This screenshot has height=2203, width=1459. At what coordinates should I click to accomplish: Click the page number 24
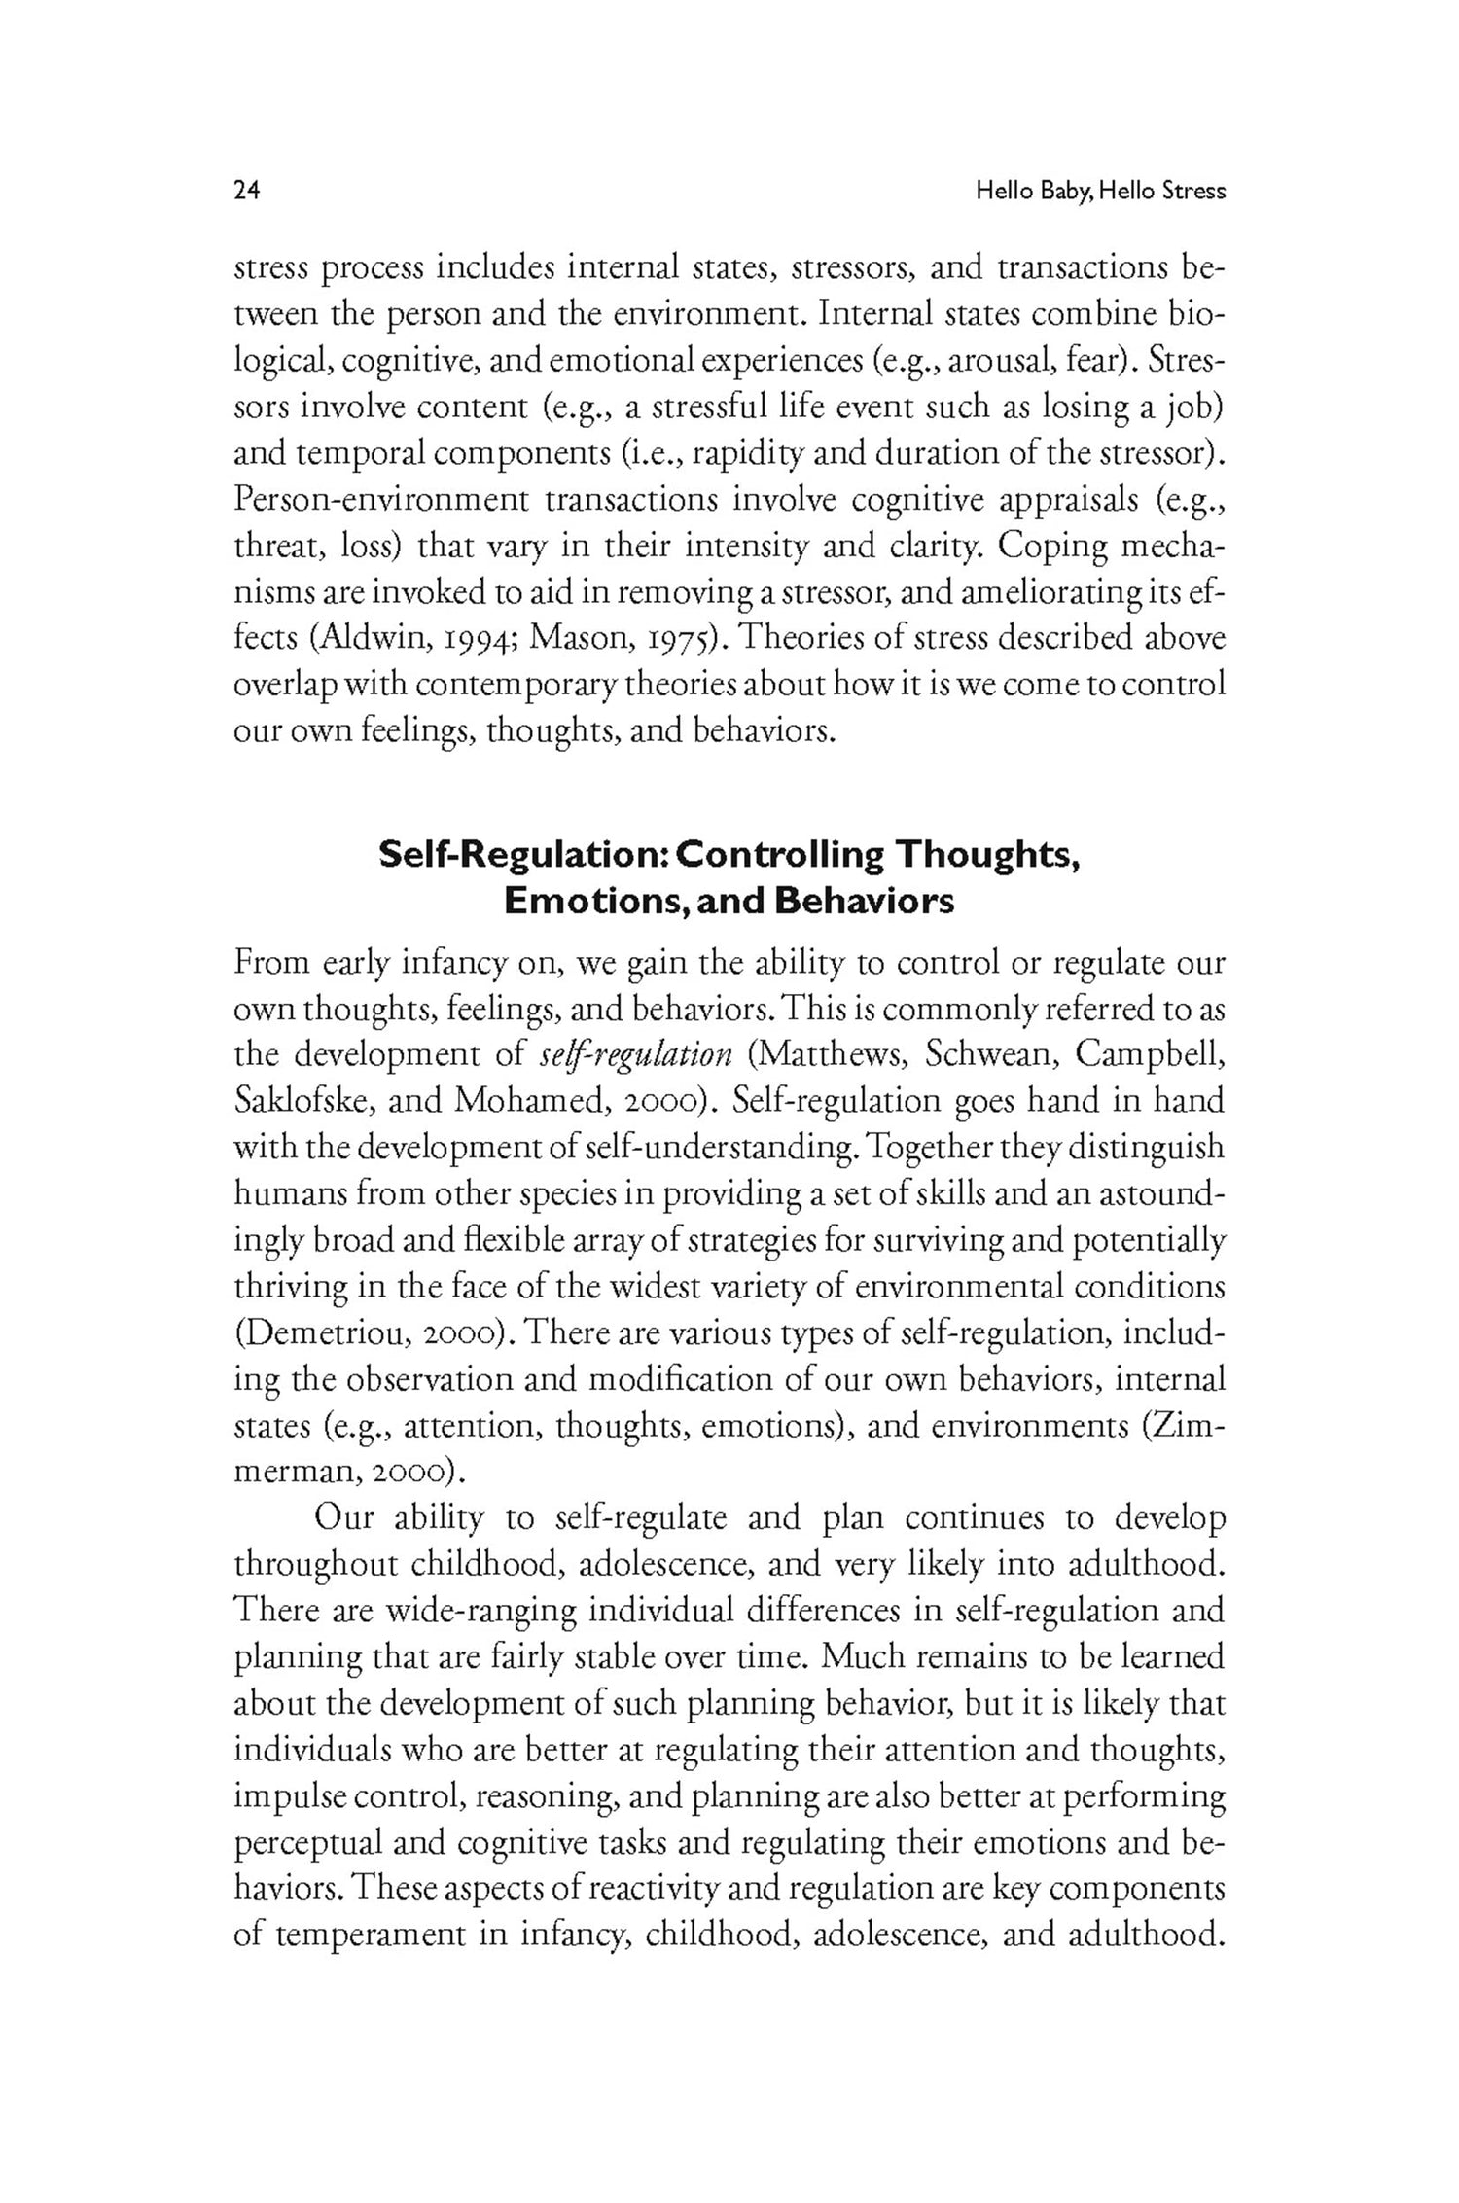tap(247, 191)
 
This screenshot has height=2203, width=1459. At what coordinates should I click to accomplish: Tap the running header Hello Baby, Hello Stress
tap(1100, 192)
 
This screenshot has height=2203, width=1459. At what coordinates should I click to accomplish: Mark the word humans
tap(289, 1193)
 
